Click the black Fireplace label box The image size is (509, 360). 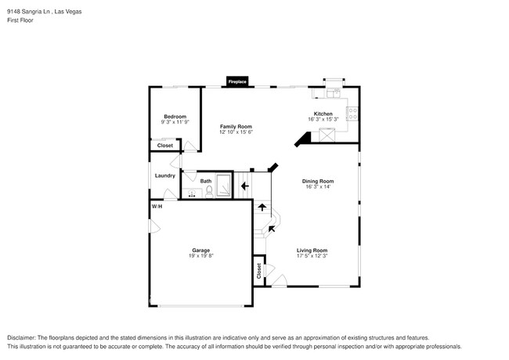tap(237, 81)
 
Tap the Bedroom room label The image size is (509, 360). tap(175, 117)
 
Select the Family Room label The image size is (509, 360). tap(235, 126)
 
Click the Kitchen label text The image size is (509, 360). tap(323, 114)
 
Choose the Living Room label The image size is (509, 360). tap(312, 250)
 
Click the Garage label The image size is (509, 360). tap(200, 250)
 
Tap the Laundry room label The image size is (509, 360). tap(164, 175)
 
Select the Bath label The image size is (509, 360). tap(205, 182)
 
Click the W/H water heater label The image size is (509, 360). tap(157, 206)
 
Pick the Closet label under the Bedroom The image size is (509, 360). tap(165, 146)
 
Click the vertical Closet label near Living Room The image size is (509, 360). tap(258, 271)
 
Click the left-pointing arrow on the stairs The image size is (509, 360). tap(244, 186)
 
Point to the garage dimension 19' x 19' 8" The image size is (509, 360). tap(200, 256)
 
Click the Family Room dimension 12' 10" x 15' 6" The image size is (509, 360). tap(235, 131)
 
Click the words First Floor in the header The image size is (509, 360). tap(21, 20)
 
